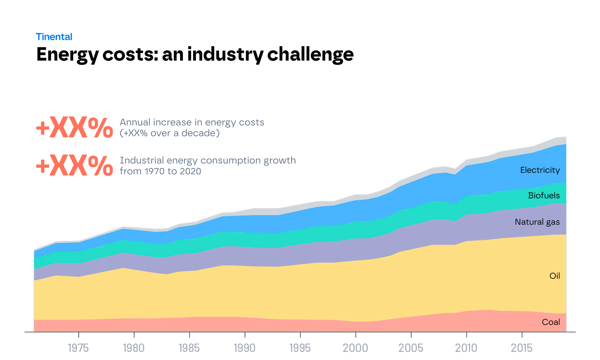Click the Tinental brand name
(54, 37)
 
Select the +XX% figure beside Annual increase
(74, 128)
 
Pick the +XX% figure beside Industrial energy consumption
(74, 166)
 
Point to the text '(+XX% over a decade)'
(169, 133)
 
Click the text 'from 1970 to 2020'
(160, 171)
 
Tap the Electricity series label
(540, 170)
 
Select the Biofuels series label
(544, 196)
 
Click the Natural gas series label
(537, 222)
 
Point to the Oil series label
(554, 276)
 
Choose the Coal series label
(551, 322)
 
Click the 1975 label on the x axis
(78, 348)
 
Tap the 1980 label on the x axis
(134, 348)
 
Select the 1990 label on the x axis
(244, 348)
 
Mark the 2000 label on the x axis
(355, 348)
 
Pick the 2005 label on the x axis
(411, 348)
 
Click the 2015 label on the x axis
(522, 348)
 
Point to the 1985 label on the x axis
(189, 348)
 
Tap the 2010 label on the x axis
(466, 348)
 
